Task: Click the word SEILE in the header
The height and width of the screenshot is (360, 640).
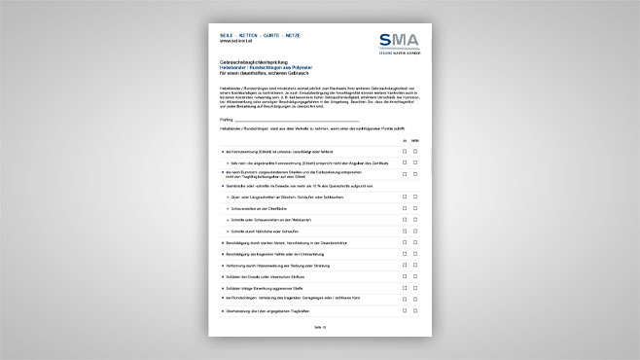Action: click(228, 35)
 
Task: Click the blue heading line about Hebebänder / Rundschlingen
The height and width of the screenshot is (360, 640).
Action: click(266, 66)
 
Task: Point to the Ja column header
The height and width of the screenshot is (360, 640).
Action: click(404, 141)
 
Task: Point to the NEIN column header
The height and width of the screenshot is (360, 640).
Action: click(416, 141)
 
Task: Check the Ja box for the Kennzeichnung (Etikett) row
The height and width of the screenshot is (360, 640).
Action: click(404, 153)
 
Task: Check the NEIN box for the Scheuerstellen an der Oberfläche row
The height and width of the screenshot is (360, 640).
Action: click(416, 207)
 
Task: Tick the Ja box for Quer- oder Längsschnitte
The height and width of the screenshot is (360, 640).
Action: click(404, 198)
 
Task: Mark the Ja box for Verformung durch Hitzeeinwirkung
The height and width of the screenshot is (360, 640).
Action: click(404, 267)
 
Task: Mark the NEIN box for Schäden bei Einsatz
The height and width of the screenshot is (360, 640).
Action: click(416, 277)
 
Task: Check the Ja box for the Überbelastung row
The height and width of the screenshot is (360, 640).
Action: click(404, 311)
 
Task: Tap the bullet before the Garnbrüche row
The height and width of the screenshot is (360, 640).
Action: click(224, 186)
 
